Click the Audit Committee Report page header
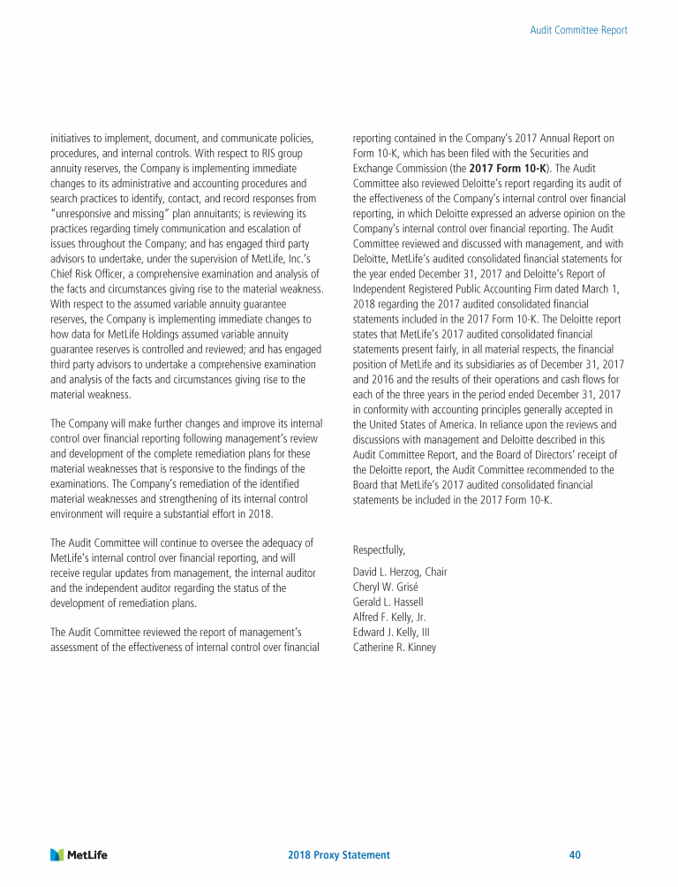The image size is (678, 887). point(578,30)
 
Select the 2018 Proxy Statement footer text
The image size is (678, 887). point(339,855)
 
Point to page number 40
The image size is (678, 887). point(575,855)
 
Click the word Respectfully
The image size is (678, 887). point(379,550)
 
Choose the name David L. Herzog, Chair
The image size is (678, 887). point(399,572)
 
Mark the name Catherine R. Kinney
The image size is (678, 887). point(394,647)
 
